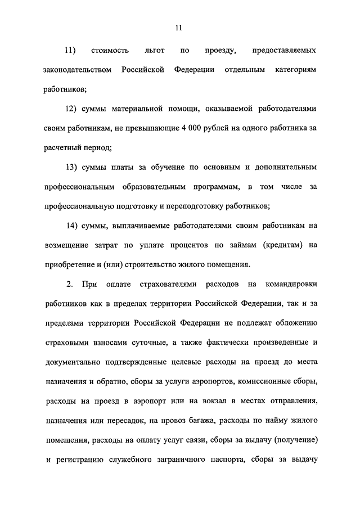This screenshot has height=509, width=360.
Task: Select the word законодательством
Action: click(76, 69)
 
